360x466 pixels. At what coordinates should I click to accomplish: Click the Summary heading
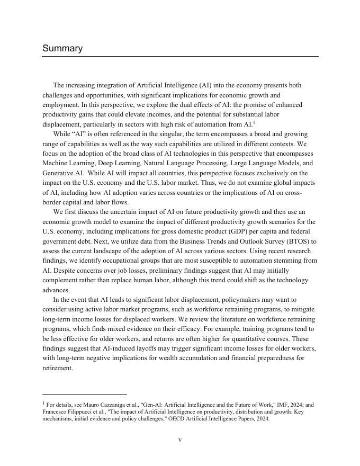62,49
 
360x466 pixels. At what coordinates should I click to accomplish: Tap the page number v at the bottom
180,440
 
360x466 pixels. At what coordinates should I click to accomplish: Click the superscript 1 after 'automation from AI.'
254,122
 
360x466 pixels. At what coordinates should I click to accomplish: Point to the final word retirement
57,368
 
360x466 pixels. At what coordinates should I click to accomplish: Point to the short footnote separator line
85,394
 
